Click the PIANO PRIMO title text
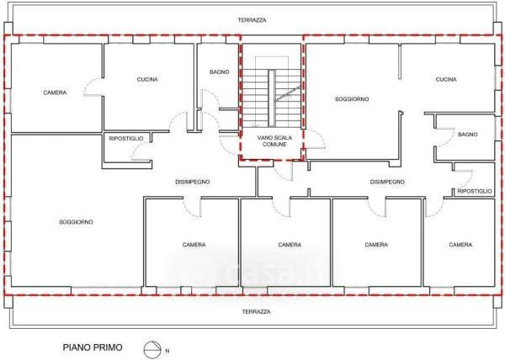(93, 347)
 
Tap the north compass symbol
(152, 349)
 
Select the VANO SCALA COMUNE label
(274, 141)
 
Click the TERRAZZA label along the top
(252, 20)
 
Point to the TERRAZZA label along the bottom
(257, 312)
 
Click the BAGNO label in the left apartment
(220, 72)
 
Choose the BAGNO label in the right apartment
(468, 135)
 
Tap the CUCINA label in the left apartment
(147, 79)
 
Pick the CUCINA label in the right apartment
(446, 79)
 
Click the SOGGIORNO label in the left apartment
(76, 222)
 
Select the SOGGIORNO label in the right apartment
(352, 99)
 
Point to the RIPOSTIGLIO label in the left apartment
(126, 139)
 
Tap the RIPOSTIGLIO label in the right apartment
(475, 192)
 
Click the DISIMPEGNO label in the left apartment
(193, 182)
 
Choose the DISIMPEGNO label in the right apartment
(387, 182)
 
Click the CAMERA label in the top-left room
(55, 93)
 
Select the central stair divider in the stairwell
(272, 98)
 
